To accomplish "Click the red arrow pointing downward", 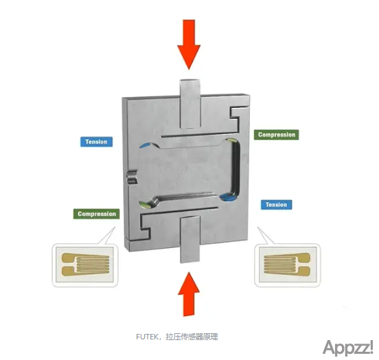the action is [189, 45].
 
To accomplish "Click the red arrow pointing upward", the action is [189, 294].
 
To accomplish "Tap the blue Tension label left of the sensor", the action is [96, 142].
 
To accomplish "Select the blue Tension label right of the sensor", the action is [276, 205].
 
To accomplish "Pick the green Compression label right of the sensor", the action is [276, 135].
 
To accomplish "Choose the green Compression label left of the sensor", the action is [96, 214].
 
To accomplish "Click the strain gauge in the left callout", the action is [85, 265].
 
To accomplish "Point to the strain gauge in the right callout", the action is [287, 265].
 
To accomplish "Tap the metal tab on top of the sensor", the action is [190, 104].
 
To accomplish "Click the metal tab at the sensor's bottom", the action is [190, 240].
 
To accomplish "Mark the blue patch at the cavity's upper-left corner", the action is [146, 145].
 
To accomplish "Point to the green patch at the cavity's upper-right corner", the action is [231, 140].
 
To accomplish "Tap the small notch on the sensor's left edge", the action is [132, 177].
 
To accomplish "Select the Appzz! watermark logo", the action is [348, 348].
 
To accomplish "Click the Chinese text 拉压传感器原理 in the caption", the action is [192, 337].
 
